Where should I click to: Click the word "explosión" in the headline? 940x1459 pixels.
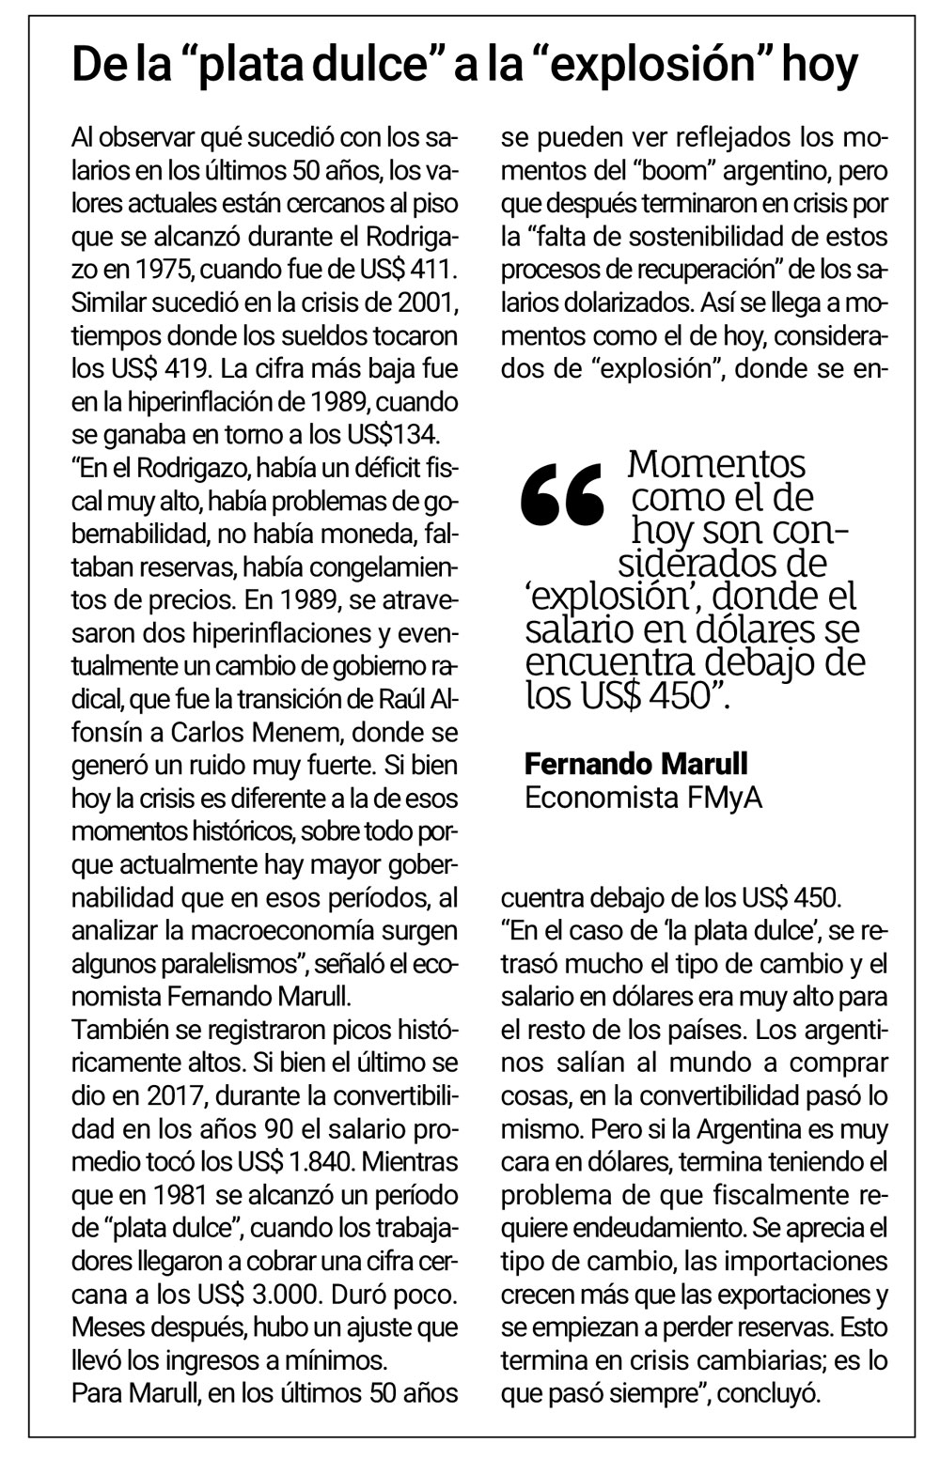pyautogui.click(x=679, y=66)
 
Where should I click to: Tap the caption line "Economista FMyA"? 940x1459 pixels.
pyautogui.click(x=644, y=798)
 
